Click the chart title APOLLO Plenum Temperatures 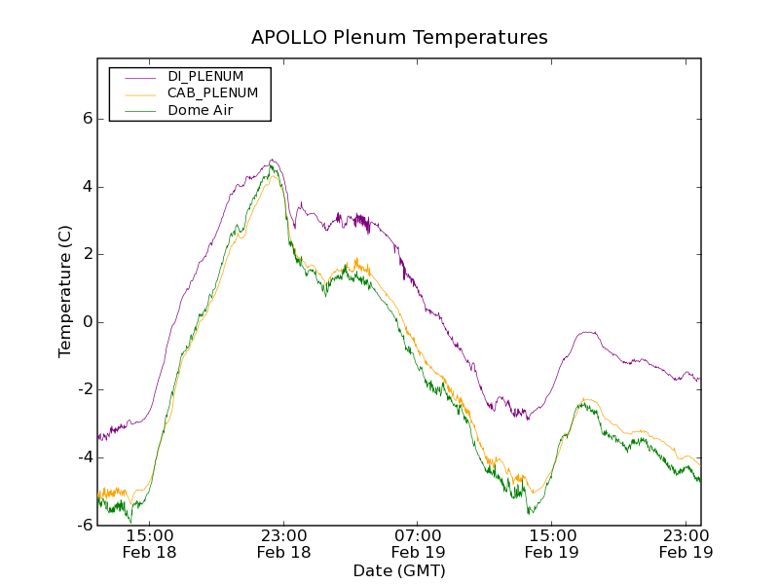tap(399, 38)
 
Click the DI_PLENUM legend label tap(205, 76)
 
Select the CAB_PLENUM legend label tap(212, 93)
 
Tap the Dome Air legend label tap(201, 111)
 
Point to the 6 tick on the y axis tap(87, 119)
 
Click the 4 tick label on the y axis tap(87, 187)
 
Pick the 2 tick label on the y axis tap(87, 254)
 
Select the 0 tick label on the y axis tap(87, 322)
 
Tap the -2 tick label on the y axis tap(84, 389)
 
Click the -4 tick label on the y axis tap(84, 457)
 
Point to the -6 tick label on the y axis tap(84, 525)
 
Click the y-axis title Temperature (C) tap(65, 292)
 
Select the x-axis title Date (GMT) tap(399, 570)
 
